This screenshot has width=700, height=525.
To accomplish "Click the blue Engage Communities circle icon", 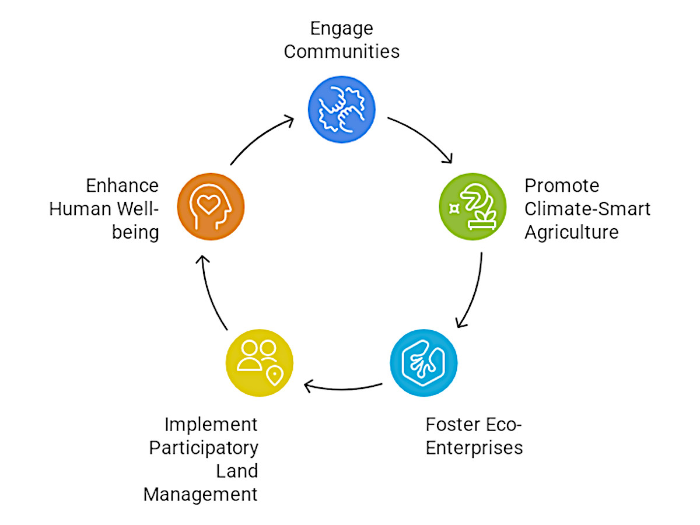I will [341, 109].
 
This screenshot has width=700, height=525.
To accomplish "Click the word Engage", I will [341, 29].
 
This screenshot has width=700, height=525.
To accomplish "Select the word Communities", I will [341, 51].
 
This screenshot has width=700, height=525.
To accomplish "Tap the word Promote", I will [562, 186].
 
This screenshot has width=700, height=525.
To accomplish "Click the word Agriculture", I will [571, 232].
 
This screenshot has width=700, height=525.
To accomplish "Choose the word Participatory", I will [204, 448].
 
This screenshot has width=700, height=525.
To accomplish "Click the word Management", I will [201, 495].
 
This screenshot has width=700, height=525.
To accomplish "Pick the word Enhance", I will [123, 186].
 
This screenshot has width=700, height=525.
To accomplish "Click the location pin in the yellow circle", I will [273, 376].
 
